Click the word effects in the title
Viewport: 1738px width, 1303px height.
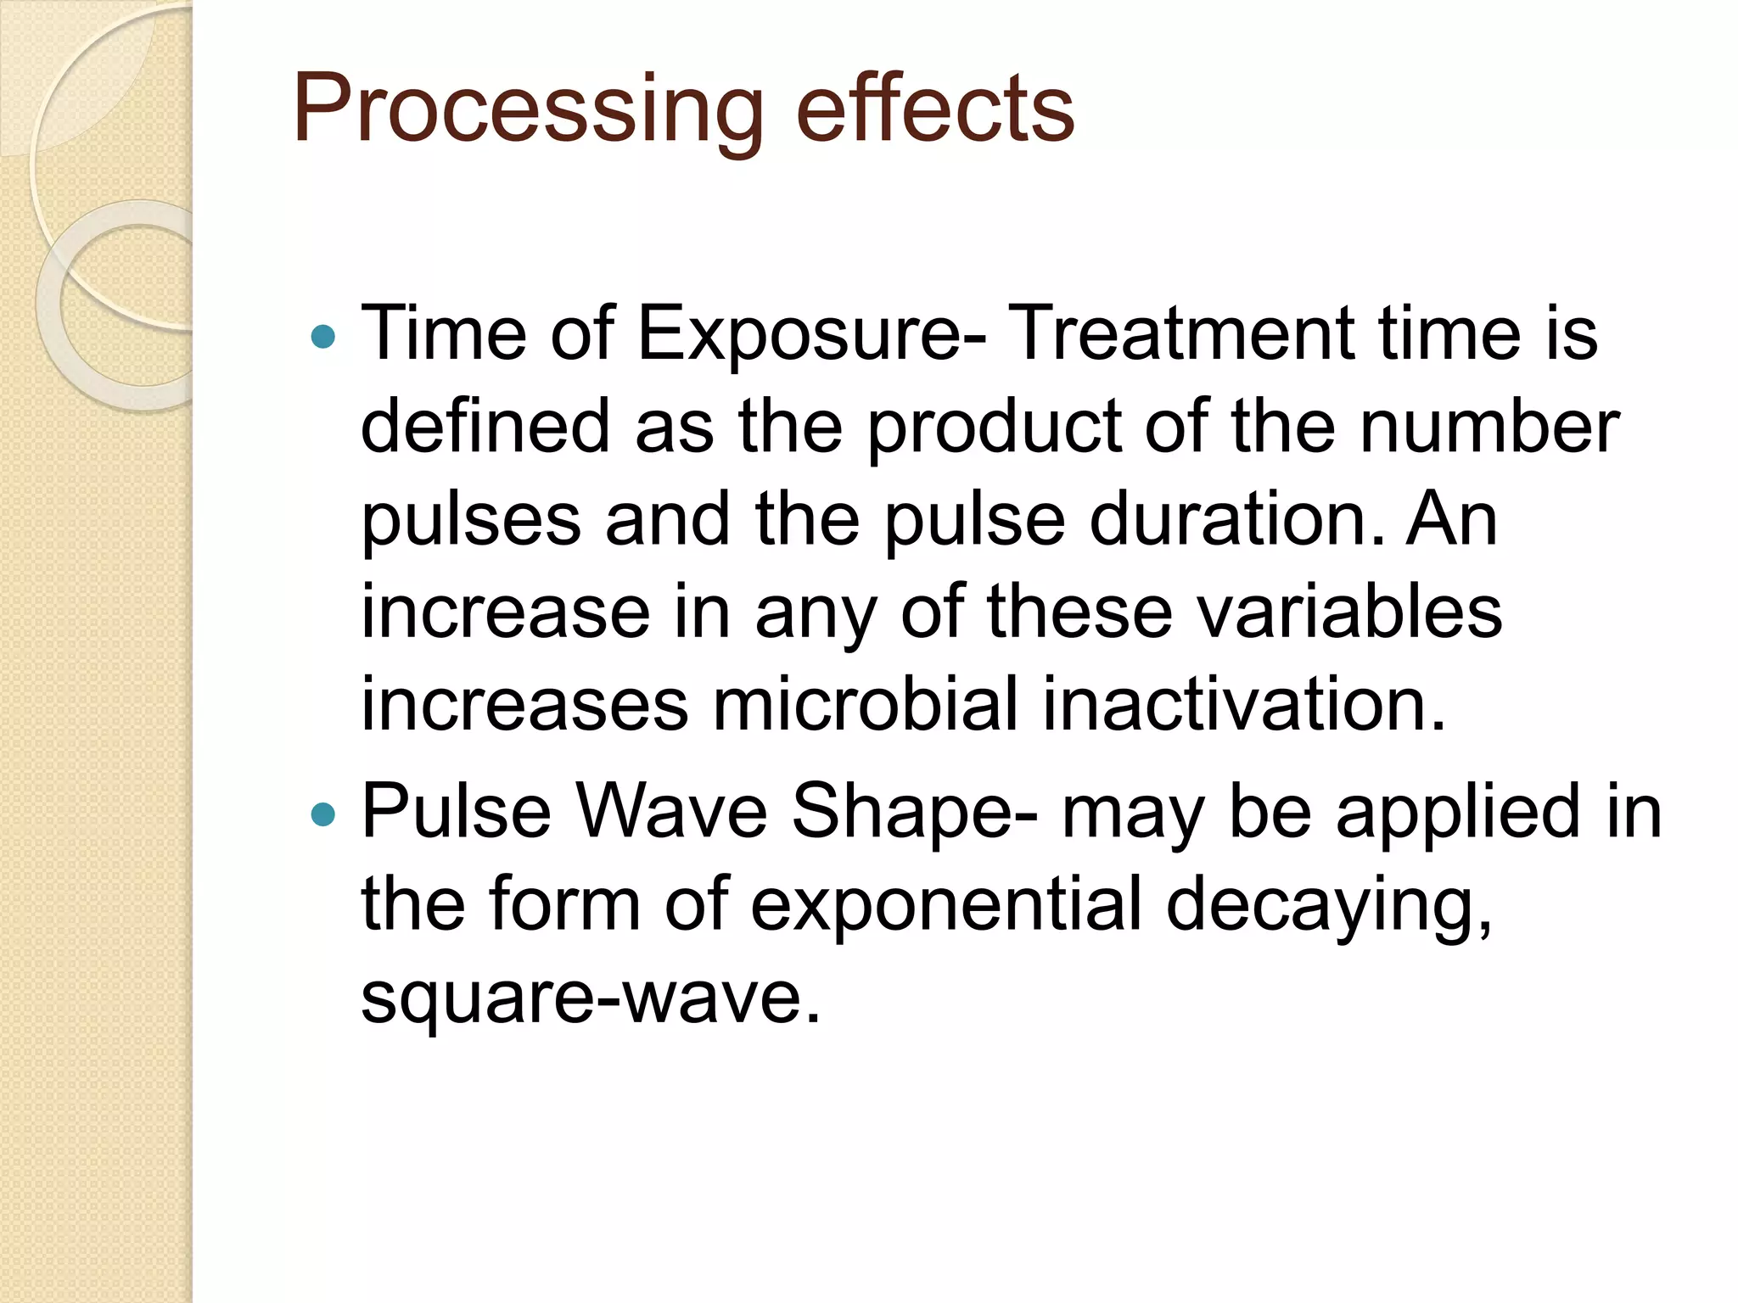tap(935, 109)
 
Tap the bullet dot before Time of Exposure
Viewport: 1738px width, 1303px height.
tap(323, 338)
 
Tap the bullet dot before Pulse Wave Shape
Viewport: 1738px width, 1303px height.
tap(323, 815)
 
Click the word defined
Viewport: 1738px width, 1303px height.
tap(485, 426)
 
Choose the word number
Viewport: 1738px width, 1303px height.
tap(1489, 426)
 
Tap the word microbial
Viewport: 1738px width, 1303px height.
tap(865, 704)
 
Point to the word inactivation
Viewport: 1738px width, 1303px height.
tap(1244, 704)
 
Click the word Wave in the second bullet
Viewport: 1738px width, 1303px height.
tap(671, 812)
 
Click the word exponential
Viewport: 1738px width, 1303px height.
tap(946, 906)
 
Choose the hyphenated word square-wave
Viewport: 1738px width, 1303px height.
tap(591, 998)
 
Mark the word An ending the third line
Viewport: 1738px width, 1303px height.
tap(1452, 519)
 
